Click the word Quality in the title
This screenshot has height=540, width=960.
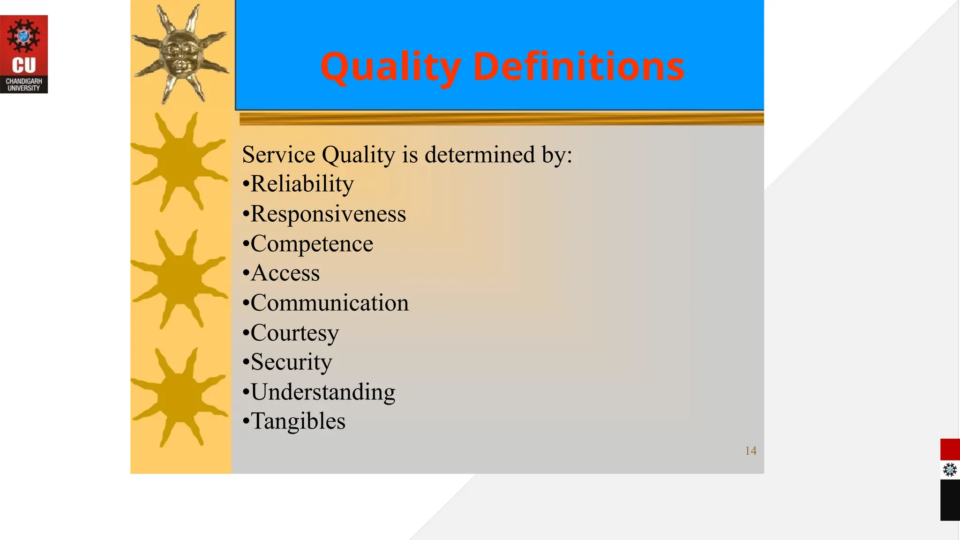coord(390,67)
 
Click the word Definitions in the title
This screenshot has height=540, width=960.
coord(579,66)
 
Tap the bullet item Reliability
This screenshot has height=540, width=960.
coord(302,184)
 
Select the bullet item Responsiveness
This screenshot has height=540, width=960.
coord(328,214)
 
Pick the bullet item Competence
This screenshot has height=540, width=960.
coord(312,244)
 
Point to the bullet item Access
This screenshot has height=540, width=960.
coord(285,273)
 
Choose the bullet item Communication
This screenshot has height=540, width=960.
coord(330,303)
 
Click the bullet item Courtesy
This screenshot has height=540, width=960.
coord(294,333)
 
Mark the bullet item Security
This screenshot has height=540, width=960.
coord(291,362)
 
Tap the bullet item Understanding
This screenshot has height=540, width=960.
coord(323,392)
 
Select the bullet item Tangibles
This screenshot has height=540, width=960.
coord(298,421)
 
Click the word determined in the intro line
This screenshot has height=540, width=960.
coord(479,155)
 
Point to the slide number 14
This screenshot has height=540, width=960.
coord(750,451)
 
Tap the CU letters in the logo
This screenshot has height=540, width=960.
coord(24,65)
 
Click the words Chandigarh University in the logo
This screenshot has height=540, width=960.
coord(24,84)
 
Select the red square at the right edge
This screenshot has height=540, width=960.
coord(950,450)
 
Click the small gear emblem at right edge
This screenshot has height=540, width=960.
coord(950,470)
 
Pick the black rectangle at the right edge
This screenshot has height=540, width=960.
coord(950,500)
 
